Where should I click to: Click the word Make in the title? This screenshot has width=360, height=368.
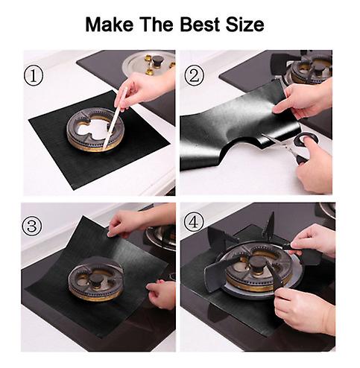pyautogui.click(x=109, y=25)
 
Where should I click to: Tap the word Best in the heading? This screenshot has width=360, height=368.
pyautogui.click(x=200, y=25)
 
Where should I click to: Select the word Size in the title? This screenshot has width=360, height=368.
pyautogui.click(x=244, y=25)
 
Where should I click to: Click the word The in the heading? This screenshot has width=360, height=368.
pyautogui.click(x=157, y=25)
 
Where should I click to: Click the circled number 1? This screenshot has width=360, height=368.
pyautogui.click(x=34, y=77)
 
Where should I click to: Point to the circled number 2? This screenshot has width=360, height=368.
pyautogui.click(x=194, y=76)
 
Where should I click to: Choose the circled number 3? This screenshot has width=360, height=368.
pyautogui.click(x=32, y=226)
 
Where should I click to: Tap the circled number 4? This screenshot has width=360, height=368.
pyautogui.click(x=194, y=223)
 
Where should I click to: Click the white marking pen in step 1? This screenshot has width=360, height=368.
pyautogui.click(x=115, y=117)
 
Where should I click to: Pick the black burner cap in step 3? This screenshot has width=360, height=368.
pyautogui.click(x=96, y=279)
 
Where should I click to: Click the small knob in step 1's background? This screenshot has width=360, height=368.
pyautogui.click(x=157, y=61)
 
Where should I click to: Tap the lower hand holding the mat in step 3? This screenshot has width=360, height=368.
pyautogui.click(x=161, y=294)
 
